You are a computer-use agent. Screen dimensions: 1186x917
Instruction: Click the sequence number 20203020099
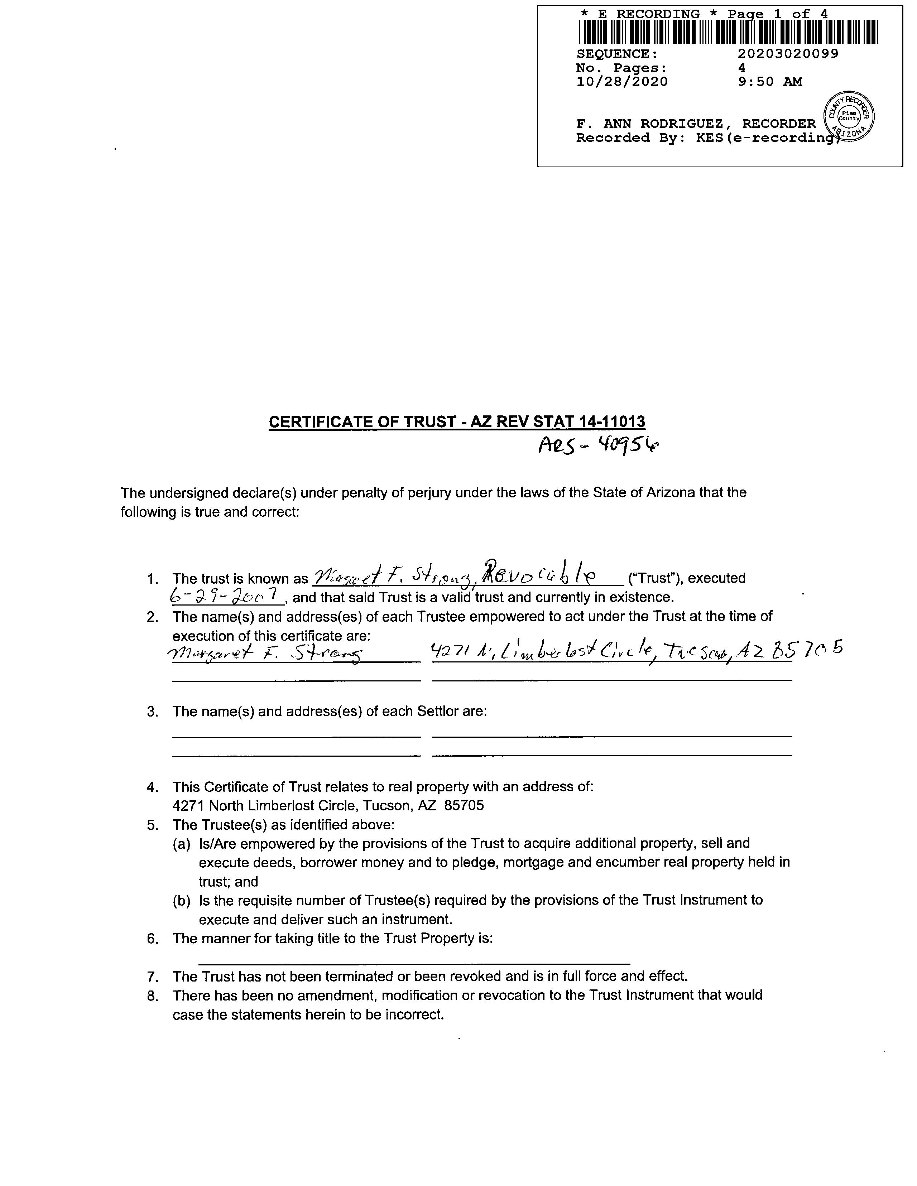[788, 54]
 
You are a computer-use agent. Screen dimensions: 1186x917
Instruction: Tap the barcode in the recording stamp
[728, 32]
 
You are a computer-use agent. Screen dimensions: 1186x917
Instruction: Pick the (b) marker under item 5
[182, 900]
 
